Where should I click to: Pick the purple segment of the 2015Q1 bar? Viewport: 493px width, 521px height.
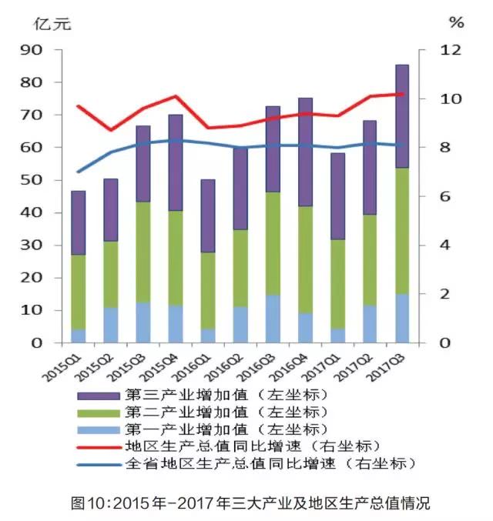click(x=79, y=222)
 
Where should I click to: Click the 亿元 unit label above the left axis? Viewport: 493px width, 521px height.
click(x=52, y=23)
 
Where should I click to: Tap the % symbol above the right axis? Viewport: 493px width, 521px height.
click(x=457, y=23)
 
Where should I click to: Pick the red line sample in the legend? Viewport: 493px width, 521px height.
click(x=98, y=446)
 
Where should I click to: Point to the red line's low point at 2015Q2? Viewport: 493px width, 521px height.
click(x=111, y=130)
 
